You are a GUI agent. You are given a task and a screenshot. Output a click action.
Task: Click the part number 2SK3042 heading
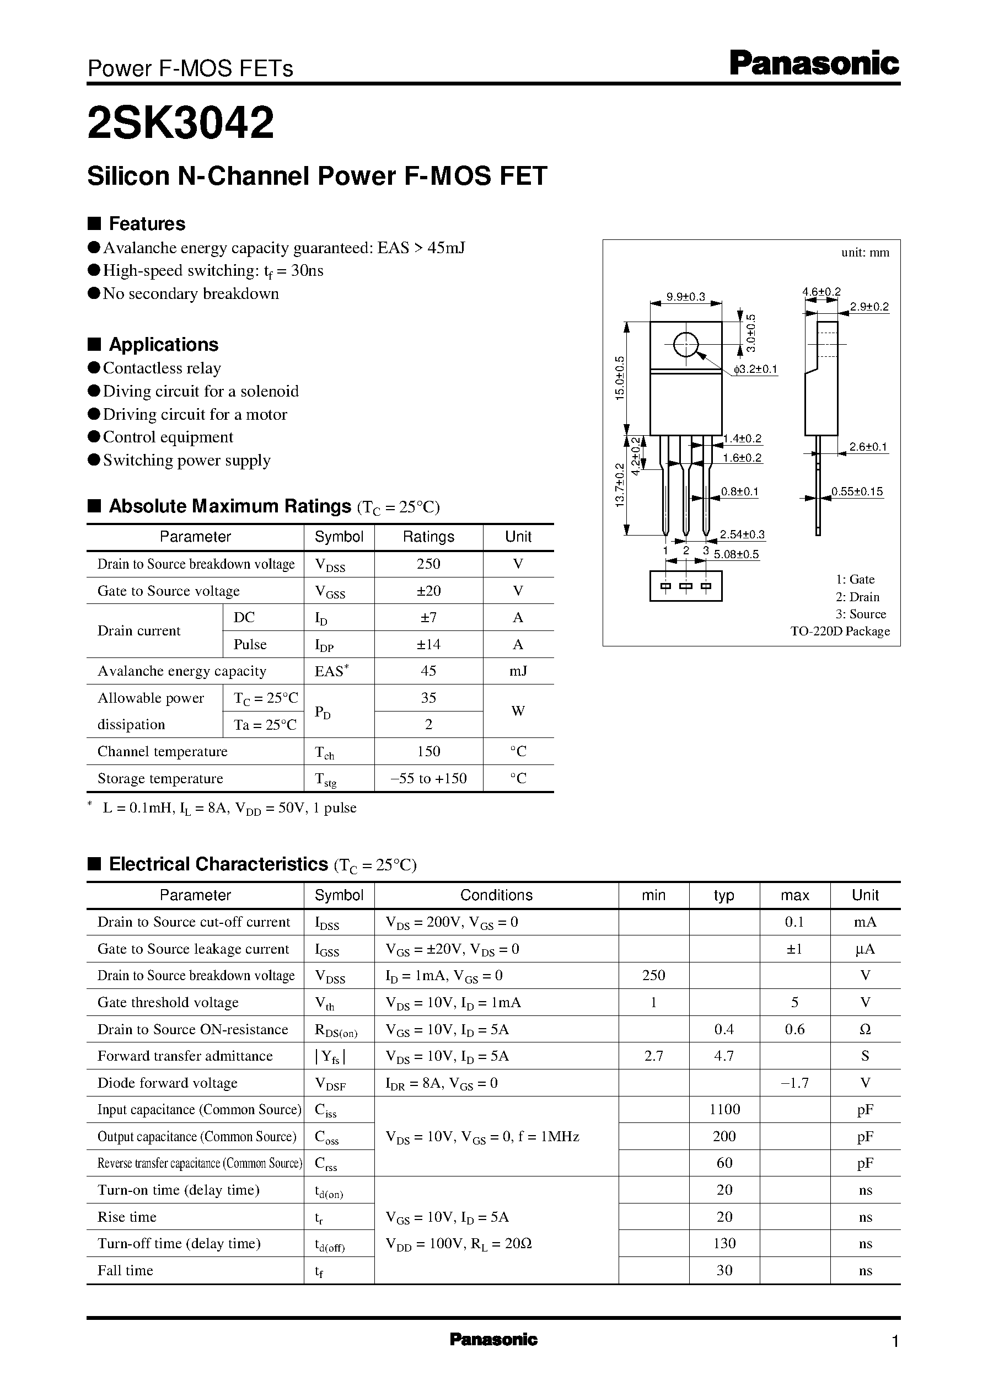[181, 123]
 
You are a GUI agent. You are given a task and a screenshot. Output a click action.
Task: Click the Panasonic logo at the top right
[814, 64]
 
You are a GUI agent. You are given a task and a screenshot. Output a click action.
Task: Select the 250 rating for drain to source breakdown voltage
[428, 564]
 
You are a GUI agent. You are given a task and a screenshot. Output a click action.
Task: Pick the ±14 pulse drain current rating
[428, 644]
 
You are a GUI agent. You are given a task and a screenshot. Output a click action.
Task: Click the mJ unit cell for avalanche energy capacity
[518, 671]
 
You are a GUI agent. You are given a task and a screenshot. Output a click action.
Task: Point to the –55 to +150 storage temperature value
[428, 778]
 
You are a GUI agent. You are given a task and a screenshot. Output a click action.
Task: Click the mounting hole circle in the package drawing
[686, 345]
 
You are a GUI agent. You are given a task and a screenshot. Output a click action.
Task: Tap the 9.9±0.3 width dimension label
[686, 297]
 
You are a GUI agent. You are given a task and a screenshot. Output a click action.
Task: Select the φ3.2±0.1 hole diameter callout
[755, 370]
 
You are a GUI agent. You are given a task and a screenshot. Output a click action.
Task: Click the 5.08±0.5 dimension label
[736, 554]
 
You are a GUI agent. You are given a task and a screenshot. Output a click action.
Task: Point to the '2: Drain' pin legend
[857, 597]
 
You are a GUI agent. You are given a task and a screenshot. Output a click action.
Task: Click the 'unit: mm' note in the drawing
[864, 253]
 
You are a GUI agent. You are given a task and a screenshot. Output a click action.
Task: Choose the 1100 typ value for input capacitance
[724, 1109]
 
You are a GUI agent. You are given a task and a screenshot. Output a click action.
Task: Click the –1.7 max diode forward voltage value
[794, 1083]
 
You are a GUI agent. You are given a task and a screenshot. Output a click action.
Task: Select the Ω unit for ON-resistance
[865, 1029]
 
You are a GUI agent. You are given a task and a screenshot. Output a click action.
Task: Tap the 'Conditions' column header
[496, 895]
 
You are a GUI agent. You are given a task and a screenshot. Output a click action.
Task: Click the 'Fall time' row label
[125, 1270]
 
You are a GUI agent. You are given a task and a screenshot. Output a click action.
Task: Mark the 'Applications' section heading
[163, 344]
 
